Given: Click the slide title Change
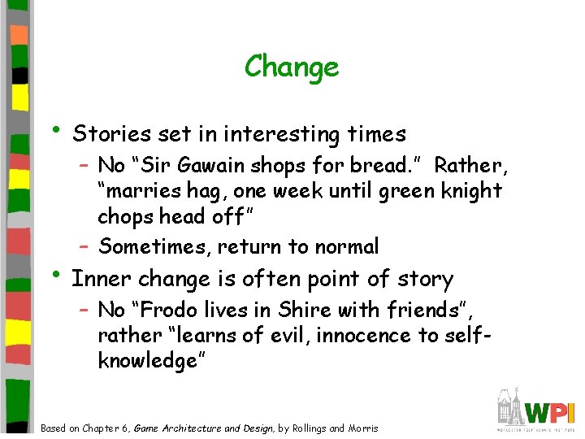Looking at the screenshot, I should coord(292,66).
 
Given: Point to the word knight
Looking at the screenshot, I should coord(473,192).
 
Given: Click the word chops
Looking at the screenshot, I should coord(122,218).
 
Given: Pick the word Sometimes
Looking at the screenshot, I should coord(149,246).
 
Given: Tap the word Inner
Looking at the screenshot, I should coord(102,279).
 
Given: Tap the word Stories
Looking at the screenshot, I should coord(107,133).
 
